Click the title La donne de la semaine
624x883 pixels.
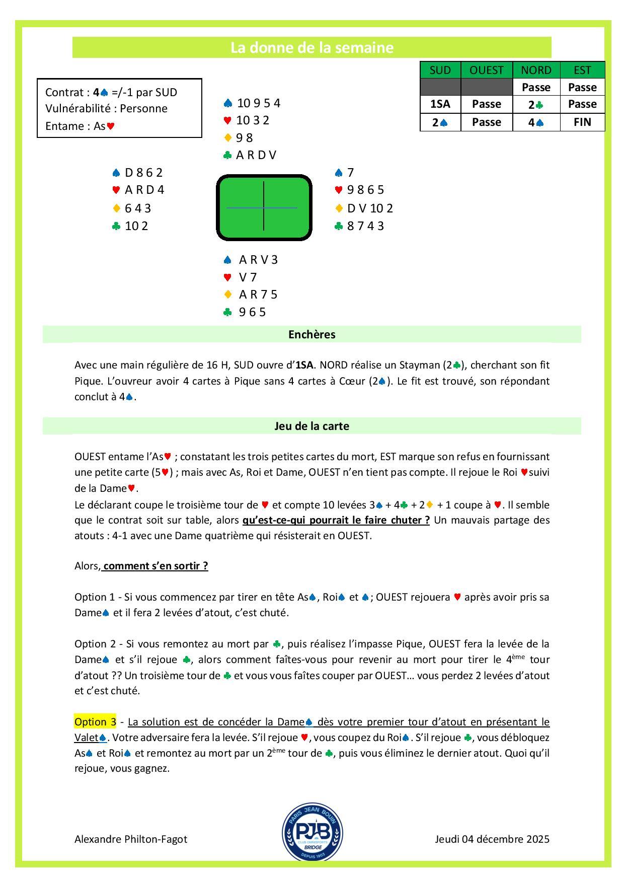tap(311, 48)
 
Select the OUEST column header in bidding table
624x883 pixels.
tap(486, 70)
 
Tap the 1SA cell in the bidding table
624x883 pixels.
tap(440, 104)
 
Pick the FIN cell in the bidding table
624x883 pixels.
tap(582, 122)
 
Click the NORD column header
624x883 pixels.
tap(536, 70)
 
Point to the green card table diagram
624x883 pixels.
tap(264, 207)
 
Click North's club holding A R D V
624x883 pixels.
tap(256, 155)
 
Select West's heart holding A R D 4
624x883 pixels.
tap(144, 190)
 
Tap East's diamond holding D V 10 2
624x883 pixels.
tap(370, 208)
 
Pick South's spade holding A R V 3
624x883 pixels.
tap(258, 260)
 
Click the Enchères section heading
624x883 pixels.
tap(311, 335)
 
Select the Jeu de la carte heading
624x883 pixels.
tap(311, 426)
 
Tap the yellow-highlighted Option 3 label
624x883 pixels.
tap(95, 721)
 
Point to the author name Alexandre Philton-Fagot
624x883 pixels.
tap(131, 839)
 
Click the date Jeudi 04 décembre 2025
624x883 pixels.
tap(492, 839)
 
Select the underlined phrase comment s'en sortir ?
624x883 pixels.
tap(155, 565)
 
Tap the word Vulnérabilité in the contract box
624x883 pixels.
tap(77, 109)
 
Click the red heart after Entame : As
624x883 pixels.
tap(111, 126)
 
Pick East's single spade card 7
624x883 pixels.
tap(351, 173)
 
